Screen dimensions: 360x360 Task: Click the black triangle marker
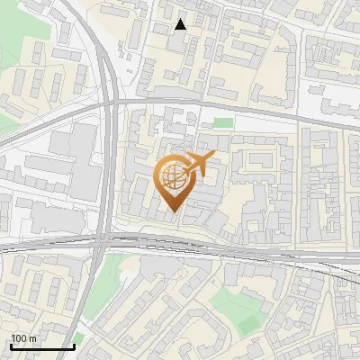pyautogui.click(x=181, y=25)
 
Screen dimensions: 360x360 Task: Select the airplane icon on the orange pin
pyautogui.click(x=197, y=165)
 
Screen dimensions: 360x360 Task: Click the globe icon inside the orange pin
pyautogui.click(x=171, y=176)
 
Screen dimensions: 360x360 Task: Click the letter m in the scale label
pyautogui.click(x=33, y=338)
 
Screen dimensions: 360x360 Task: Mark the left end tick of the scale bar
pyautogui.click(x=10, y=346)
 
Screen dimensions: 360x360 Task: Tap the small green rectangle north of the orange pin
pyautogui.click(x=222, y=122)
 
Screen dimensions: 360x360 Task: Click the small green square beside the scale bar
pyautogui.click(x=79, y=338)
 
